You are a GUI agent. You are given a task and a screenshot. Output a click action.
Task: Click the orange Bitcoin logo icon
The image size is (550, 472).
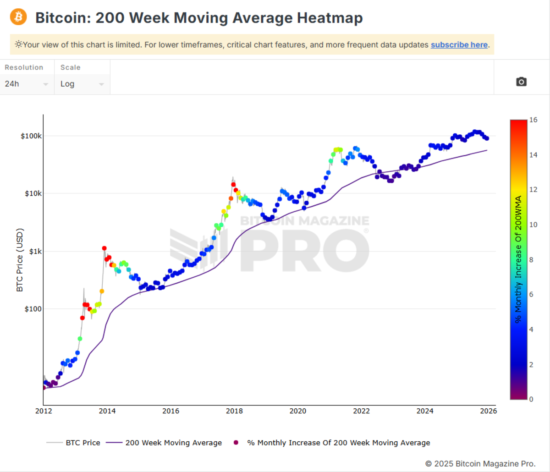(18, 17)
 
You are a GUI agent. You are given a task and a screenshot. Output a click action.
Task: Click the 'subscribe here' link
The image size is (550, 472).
(459, 44)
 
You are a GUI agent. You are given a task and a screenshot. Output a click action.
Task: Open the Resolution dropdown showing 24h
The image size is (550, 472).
(27, 84)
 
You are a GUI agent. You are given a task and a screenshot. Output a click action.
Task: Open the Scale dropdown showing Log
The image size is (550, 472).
(82, 84)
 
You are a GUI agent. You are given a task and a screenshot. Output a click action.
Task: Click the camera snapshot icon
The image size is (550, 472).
(521, 82)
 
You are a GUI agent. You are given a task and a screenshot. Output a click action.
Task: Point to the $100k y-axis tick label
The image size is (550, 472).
(31, 136)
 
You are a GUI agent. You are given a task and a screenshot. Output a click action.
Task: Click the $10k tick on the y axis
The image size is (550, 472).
(33, 193)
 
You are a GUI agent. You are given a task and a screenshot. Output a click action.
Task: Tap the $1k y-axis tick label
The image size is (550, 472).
(35, 252)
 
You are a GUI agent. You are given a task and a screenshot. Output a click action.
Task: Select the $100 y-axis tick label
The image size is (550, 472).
(33, 309)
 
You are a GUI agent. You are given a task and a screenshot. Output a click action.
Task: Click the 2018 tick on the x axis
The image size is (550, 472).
(234, 411)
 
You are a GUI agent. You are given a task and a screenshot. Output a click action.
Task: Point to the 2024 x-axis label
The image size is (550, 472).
(425, 411)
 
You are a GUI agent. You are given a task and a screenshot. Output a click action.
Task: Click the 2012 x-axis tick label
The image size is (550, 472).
(44, 411)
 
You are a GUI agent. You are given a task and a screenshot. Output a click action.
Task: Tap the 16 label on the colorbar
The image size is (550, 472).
(533, 120)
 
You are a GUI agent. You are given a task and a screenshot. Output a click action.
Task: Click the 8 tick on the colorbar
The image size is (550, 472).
(531, 260)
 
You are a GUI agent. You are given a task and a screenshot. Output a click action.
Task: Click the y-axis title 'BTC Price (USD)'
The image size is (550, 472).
(20, 259)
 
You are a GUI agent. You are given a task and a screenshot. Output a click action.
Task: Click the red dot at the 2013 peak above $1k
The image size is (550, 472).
(104, 248)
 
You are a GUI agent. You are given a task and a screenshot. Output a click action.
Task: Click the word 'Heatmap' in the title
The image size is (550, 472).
(330, 18)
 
